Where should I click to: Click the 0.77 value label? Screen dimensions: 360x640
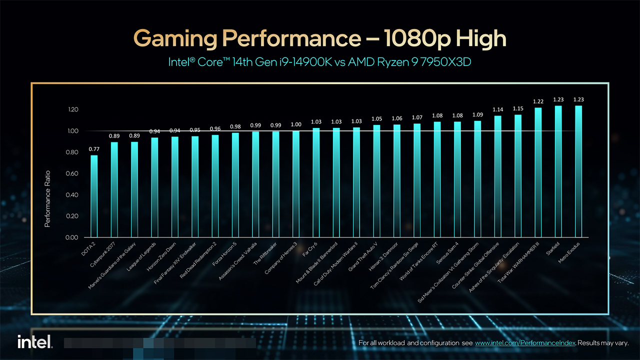(94, 149)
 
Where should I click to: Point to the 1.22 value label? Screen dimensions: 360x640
(538, 102)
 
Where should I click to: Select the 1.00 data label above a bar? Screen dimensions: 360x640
(296, 124)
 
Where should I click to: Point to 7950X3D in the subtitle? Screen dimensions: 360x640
(449, 62)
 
